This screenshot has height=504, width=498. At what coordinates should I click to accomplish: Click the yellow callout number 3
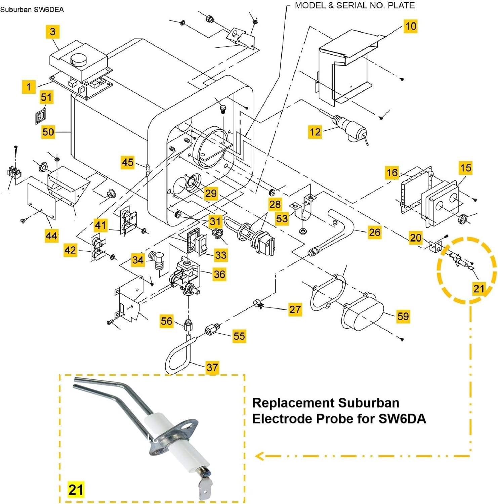point(53,32)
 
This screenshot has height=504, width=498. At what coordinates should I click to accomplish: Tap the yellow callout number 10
point(411,26)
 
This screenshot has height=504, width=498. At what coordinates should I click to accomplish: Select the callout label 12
point(315,132)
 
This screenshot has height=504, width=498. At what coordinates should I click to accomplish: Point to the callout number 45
point(128,163)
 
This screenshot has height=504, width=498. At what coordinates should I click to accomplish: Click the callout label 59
point(403,316)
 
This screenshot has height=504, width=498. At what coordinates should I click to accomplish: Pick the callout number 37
point(212,367)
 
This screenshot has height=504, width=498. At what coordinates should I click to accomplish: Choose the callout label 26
point(374,232)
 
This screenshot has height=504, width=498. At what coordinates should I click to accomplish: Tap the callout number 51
point(46,97)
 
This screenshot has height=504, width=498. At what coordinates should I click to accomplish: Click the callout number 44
point(51,236)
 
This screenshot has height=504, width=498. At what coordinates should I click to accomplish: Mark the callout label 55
point(239,336)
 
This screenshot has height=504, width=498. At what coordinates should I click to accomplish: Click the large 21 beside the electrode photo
point(76,489)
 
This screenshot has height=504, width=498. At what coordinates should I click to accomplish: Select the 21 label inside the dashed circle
point(479,289)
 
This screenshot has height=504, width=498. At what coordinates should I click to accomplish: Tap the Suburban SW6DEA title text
point(32,9)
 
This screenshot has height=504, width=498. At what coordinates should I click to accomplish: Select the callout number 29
point(211,193)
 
